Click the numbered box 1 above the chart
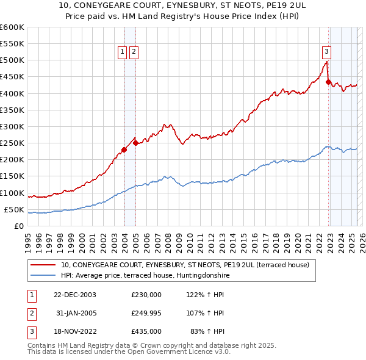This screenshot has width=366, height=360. tap(123, 52)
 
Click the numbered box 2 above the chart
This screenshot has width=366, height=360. tap(133, 52)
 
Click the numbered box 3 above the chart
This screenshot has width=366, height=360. tap(327, 52)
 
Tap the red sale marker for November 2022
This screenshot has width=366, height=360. tap(328, 82)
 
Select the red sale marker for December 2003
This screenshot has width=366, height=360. tap(124, 149)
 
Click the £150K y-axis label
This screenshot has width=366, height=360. tap(12, 176)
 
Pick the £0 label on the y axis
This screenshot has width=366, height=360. tap(18, 226)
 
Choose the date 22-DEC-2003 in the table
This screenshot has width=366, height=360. tap(74, 295)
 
